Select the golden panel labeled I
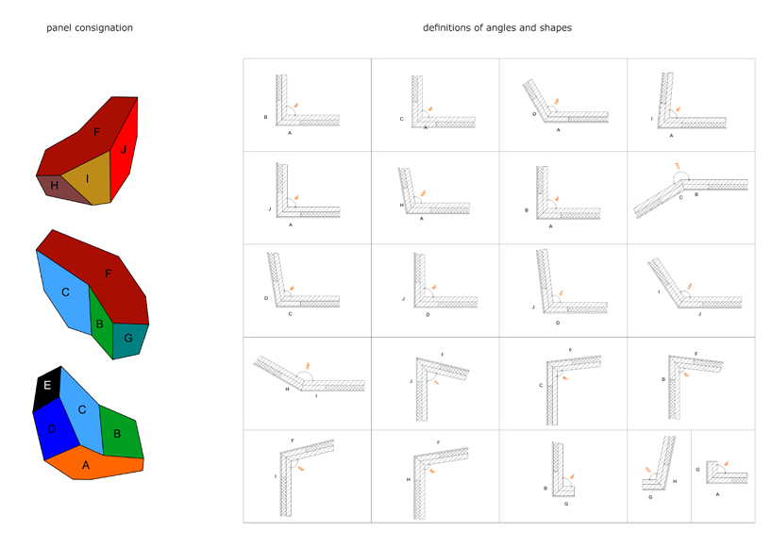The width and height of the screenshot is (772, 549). click(88, 179)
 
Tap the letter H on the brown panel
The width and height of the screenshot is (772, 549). click(55, 186)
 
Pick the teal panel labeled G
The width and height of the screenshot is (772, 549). click(128, 339)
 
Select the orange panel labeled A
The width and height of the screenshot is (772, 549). click(87, 465)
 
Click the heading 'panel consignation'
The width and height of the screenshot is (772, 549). click(90, 28)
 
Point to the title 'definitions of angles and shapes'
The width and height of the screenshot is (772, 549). click(496, 28)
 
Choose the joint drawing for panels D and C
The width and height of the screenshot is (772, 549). click(307, 288)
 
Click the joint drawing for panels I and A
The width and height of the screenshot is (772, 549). click(691, 104)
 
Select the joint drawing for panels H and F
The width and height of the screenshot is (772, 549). click(434, 476)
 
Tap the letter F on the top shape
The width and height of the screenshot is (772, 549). click(96, 133)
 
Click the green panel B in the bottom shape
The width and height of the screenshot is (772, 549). click(117, 433)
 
